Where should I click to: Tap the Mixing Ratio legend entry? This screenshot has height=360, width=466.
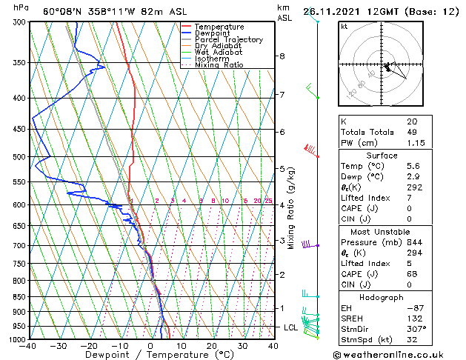point(220,65)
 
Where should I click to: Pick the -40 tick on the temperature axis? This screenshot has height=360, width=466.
point(29,346)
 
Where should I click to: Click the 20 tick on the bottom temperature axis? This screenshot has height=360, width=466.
point(212,346)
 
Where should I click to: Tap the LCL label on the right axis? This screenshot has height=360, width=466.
point(292,327)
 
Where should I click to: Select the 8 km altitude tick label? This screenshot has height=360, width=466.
point(282,56)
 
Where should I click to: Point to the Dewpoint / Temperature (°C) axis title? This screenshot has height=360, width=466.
point(150,355)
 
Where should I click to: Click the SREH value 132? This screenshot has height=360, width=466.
point(413,317)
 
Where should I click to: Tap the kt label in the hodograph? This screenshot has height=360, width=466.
point(344,26)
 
